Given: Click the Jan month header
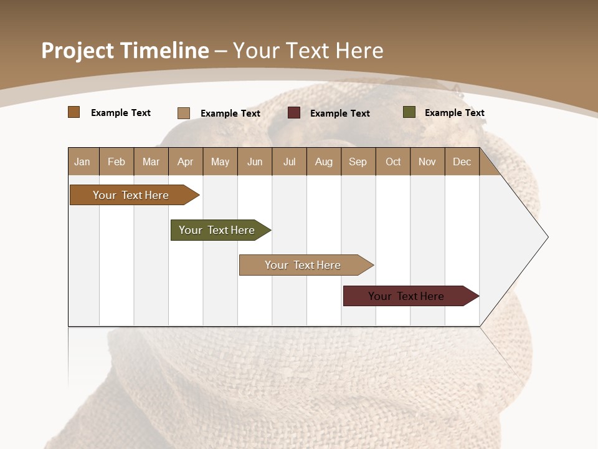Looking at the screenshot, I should (x=83, y=162).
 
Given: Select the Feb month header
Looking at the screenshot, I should (x=116, y=162).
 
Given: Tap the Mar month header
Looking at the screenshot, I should (x=151, y=162).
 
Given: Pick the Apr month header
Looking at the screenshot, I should (x=186, y=162).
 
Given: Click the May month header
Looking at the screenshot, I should (x=220, y=162).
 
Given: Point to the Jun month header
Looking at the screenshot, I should (x=255, y=162).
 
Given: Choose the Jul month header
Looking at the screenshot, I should (x=289, y=162).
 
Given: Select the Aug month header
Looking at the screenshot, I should (x=324, y=162).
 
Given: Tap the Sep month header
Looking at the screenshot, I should (x=358, y=162).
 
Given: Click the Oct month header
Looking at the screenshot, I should (x=393, y=162).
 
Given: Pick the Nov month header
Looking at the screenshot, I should (x=427, y=162).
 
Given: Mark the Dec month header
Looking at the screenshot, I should (x=462, y=162).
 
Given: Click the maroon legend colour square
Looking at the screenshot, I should (x=294, y=113).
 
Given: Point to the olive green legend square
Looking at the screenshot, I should (x=409, y=112).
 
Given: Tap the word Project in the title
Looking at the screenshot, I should (x=77, y=51).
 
